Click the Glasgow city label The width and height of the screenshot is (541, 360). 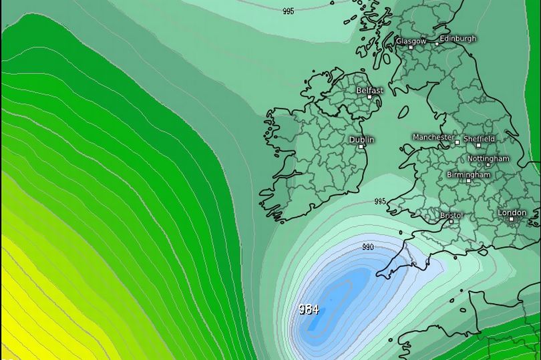(411, 41)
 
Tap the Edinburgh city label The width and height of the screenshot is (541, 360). (459, 39)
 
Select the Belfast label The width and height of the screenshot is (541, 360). (370, 89)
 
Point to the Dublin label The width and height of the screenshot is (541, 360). (361, 140)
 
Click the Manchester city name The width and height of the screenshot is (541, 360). (433, 137)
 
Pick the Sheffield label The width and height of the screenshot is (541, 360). (480, 138)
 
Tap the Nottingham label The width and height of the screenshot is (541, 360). (488, 158)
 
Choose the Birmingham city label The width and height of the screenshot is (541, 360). (468, 174)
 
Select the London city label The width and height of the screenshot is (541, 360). (512, 212)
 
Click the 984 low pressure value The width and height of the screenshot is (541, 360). (309, 309)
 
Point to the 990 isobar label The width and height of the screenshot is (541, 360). (368, 246)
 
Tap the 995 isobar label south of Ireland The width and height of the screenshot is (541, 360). (380, 201)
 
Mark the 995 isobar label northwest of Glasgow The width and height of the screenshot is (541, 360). (289, 11)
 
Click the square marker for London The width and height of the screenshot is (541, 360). (512, 219)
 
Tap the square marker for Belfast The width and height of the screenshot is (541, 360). (369, 97)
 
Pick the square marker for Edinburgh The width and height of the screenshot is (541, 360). (437, 44)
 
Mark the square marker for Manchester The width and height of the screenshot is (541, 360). (458, 142)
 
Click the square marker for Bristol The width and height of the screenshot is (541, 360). (453, 222)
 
